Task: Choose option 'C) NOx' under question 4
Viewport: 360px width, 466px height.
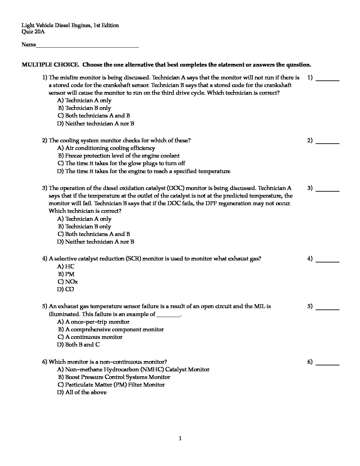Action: [x=68, y=282]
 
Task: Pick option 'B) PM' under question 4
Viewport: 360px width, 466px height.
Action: [x=67, y=274]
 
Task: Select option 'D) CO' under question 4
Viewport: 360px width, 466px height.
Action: [x=66, y=289]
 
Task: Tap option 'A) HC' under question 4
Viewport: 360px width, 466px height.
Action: [x=66, y=266]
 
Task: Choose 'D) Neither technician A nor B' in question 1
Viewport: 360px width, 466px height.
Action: [x=96, y=123]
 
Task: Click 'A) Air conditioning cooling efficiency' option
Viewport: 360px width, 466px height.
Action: [x=106, y=148]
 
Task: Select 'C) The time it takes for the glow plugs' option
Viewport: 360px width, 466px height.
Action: [x=121, y=163]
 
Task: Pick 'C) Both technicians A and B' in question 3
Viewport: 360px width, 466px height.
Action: [x=94, y=234]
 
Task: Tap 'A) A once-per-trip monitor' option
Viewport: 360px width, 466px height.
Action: [x=93, y=322]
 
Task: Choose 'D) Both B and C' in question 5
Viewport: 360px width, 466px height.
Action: [x=78, y=345]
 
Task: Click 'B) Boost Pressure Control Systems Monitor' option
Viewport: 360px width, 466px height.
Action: [x=114, y=377]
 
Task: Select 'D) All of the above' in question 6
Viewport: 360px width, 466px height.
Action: [x=82, y=392]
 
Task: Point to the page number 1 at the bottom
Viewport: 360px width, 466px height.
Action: [x=180, y=439]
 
